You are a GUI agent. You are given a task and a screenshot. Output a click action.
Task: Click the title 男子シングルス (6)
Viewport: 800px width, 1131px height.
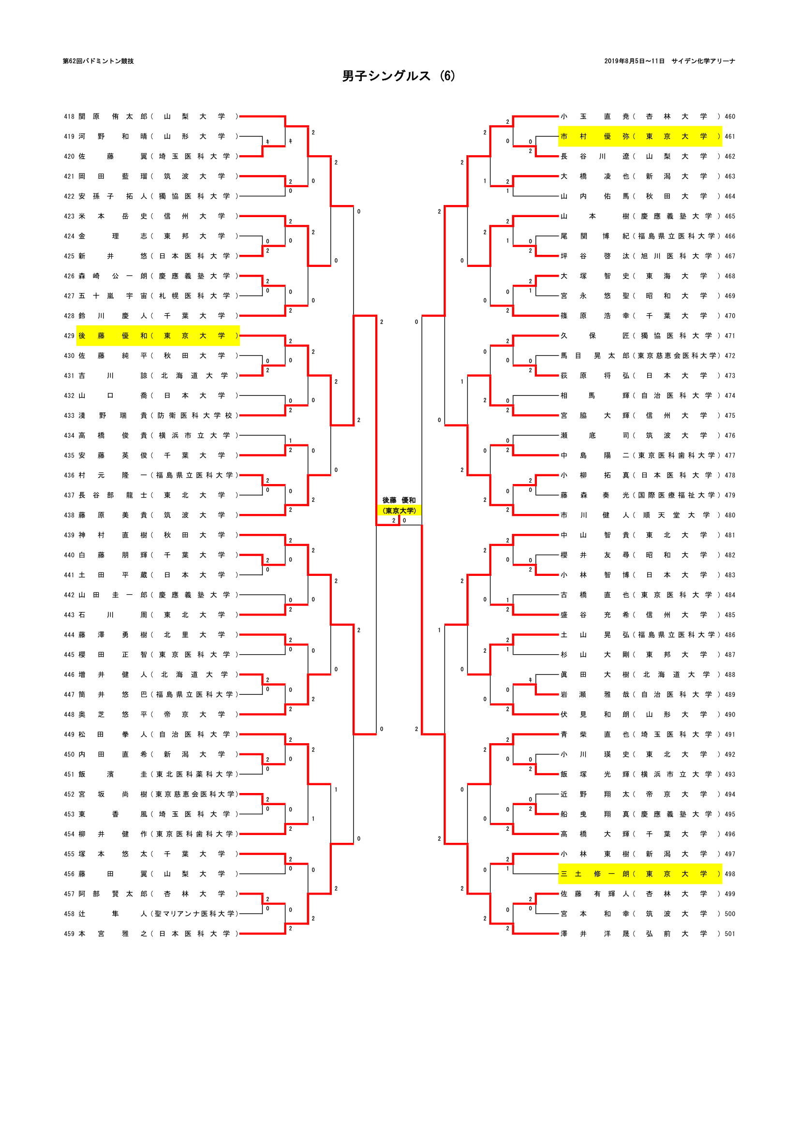pyautogui.click(x=399, y=76)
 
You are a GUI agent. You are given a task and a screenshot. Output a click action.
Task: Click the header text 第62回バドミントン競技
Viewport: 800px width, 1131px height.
pyautogui.click(x=98, y=61)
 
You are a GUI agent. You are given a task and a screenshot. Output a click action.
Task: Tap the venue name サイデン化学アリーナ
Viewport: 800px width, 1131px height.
pyautogui.click(x=703, y=61)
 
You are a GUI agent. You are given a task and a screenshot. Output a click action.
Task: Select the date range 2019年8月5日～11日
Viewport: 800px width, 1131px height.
pyautogui.click(x=634, y=61)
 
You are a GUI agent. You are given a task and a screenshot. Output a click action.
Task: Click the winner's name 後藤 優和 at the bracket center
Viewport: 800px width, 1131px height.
pyautogui.click(x=399, y=500)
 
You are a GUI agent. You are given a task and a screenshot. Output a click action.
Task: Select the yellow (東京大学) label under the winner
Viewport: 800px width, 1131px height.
pyautogui.click(x=399, y=510)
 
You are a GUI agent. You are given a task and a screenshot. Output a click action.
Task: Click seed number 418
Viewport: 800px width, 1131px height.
pyautogui.click(x=69, y=117)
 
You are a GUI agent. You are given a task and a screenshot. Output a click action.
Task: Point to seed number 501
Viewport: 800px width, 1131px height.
pyautogui.click(x=729, y=933)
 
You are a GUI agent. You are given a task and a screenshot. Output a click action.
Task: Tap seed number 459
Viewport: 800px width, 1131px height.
pyautogui.click(x=69, y=933)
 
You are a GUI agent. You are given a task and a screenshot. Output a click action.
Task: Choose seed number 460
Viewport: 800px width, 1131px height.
pyautogui.click(x=729, y=117)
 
